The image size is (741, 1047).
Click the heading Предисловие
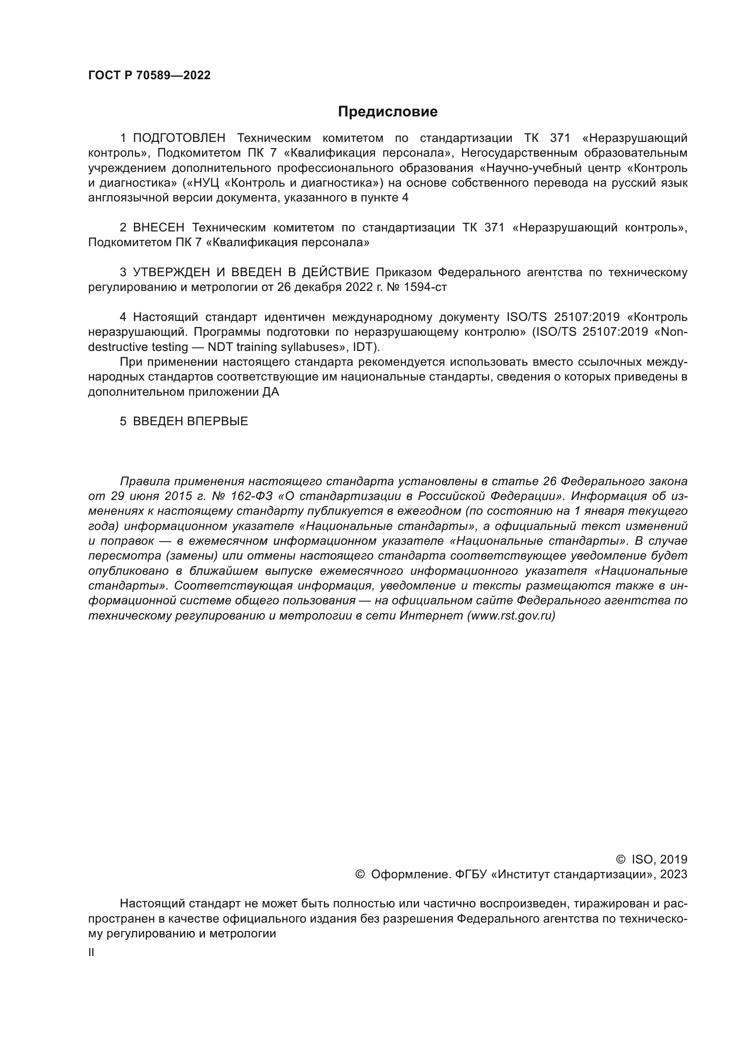388,112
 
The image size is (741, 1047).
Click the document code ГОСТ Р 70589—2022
149,75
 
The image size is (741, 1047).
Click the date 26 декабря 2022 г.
326,287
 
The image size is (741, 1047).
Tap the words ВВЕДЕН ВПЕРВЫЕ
190,421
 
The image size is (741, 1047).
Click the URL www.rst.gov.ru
511,616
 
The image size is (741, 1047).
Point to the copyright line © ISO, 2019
651,859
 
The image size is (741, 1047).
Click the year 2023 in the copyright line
673,875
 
